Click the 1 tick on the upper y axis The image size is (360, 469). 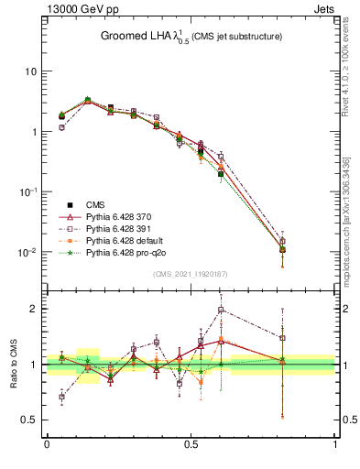pyautogui.click(x=33, y=132)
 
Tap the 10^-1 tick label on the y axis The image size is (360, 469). pyautogui.click(x=28, y=191)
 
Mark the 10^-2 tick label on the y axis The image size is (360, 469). pyautogui.click(x=28, y=252)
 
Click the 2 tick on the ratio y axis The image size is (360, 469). pyautogui.click(x=33, y=309)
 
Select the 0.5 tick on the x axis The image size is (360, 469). pyautogui.click(x=191, y=446)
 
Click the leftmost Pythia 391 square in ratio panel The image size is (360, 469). pyautogui.click(x=61, y=397)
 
